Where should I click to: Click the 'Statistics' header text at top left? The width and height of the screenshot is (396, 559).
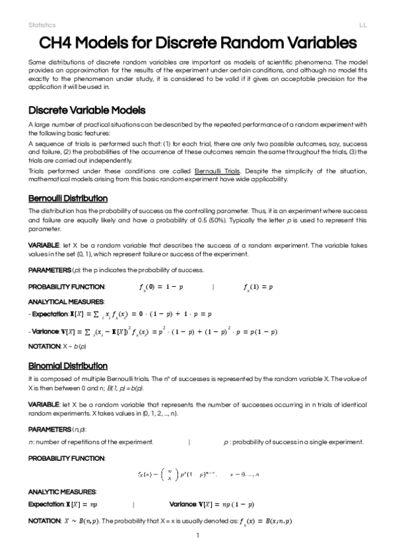(x=42, y=24)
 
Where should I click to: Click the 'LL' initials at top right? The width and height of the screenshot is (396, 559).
(x=363, y=24)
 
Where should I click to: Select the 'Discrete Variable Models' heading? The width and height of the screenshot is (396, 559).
(x=87, y=110)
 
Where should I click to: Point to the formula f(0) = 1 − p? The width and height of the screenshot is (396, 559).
(x=161, y=287)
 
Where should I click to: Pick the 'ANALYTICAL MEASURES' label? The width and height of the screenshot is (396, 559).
(x=63, y=301)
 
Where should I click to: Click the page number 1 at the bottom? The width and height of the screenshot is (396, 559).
(x=197, y=535)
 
